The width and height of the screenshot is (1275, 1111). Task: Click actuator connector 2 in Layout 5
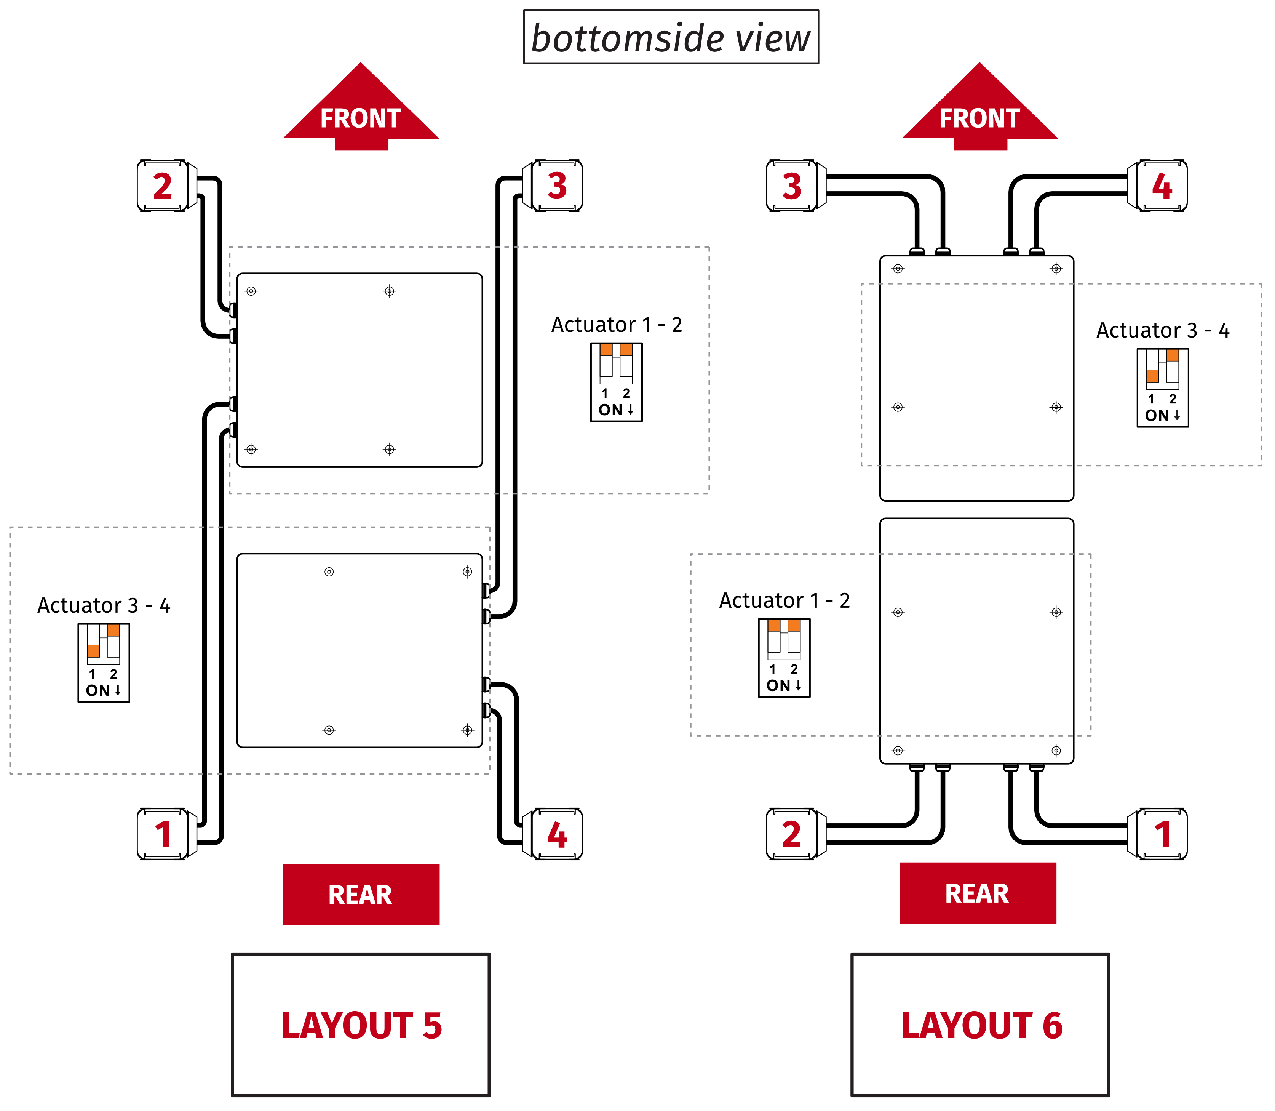[x=162, y=186]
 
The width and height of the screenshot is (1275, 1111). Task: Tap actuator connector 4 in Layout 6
[x=1162, y=186]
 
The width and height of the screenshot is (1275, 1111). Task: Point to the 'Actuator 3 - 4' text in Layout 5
[x=104, y=605]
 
